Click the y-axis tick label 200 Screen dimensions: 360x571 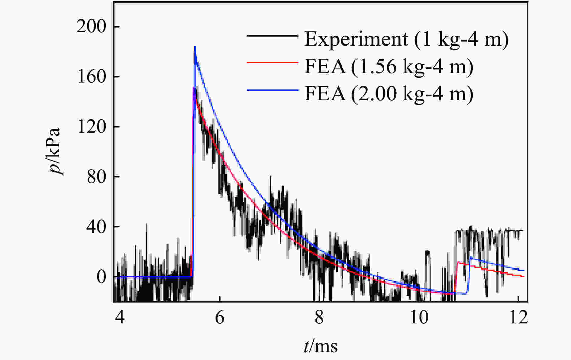(91, 27)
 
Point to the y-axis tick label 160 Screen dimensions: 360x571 (91, 77)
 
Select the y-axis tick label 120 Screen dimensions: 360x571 (91, 127)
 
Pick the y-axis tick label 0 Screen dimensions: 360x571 (102, 277)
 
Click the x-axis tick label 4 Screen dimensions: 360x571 (120, 318)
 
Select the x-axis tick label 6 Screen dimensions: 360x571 (220, 318)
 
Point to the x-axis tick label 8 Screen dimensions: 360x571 (319, 318)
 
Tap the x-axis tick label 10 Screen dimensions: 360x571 (419, 318)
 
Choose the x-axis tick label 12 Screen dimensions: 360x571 (518, 318)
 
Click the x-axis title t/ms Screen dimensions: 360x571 (321, 346)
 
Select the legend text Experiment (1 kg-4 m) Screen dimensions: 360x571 (406, 39)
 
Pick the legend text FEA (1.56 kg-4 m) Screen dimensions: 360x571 (389, 66)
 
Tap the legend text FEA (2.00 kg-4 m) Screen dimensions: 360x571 (389, 94)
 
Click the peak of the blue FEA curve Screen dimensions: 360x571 (195, 47)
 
